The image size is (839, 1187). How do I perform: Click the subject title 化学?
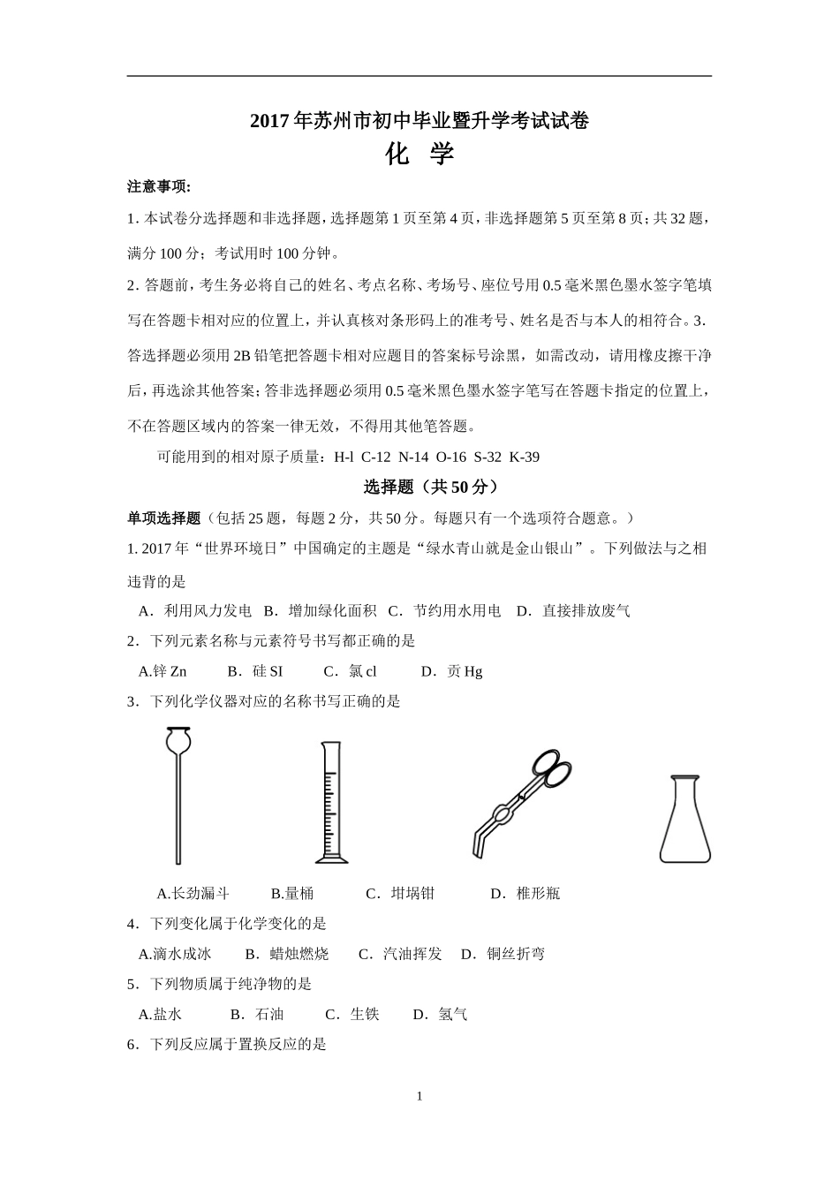pyautogui.click(x=419, y=155)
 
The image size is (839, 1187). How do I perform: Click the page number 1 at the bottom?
pyautogui.click(x=419, y=1096)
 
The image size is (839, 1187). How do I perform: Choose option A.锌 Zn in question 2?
pyautogui.click(x=163, y=671)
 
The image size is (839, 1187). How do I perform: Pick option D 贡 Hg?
pyautogui.click(x=452, y=671)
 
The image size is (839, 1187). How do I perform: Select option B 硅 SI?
pyautogui.click(x=255, y=671)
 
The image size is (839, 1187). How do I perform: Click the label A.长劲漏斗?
pyautogui.click(x=193, y=893)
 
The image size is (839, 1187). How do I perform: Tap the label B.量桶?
pyautogui.click(x=292, y=893)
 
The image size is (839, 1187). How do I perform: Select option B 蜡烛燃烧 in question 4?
pyautogui.click(x=287, y=954)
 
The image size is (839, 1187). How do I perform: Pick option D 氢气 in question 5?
pyautogui.click(x=441, y=1014)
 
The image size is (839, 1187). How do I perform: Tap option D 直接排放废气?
pyautogui.click(x=574, y=610)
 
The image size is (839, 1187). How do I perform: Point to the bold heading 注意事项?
pyautogui.click(x=160, y=186)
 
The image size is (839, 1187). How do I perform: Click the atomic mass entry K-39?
pyautogui.click(x=525, y=457)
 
